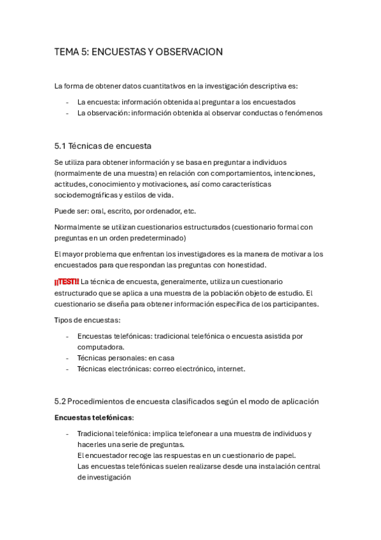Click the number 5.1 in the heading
coord(60,145)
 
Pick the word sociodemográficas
coord(88,195)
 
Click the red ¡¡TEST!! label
coord(67,281)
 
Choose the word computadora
coord(100,347)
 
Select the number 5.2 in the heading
coord(60,401)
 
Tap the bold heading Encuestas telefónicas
coord(94,417)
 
